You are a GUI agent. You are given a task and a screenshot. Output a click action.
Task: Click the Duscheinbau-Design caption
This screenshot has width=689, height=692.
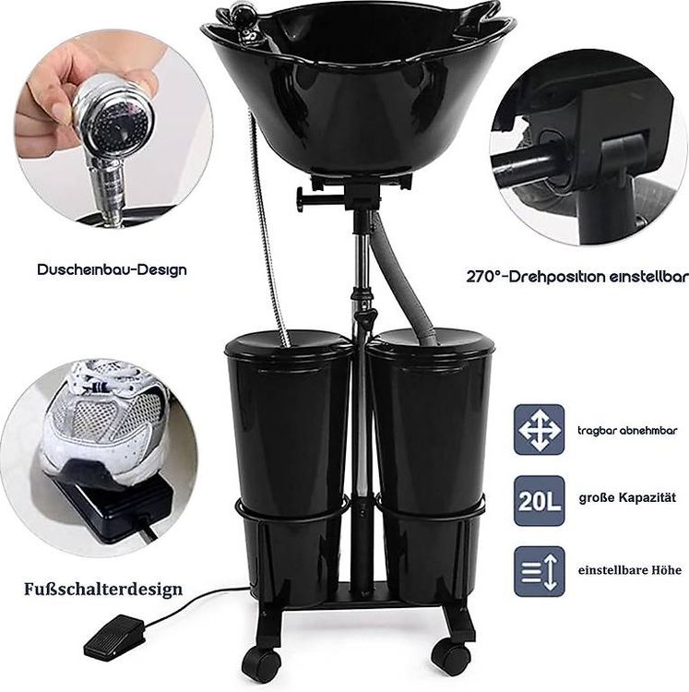112,269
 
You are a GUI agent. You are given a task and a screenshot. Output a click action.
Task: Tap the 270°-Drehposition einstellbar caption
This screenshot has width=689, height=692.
577,277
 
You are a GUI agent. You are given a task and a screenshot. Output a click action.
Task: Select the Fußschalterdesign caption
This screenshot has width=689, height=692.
103,589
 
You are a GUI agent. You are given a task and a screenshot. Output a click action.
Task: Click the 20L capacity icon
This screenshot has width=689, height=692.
539,501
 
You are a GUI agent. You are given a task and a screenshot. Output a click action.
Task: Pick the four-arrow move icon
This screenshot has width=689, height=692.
539,429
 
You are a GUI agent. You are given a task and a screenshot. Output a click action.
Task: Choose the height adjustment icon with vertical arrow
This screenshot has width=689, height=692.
539,571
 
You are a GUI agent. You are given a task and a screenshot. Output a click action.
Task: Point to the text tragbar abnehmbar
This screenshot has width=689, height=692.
627,430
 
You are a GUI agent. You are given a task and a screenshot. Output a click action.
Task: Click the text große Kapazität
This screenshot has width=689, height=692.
627,498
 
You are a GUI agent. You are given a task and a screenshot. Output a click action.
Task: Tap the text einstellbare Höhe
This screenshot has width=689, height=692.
629,570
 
